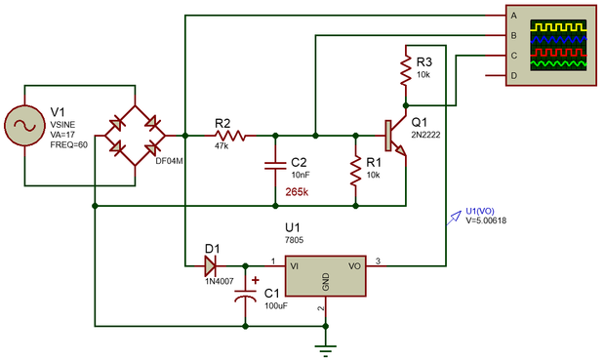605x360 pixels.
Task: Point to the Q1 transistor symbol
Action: tap(395, 136)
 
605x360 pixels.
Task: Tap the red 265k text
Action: tap(297, 192)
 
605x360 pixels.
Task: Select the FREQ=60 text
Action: tap(68, 145)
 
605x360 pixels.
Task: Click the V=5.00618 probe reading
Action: tap(486, 220)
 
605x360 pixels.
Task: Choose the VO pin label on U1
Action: tap(355, 265)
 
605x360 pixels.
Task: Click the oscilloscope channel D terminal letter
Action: tap(513, 75)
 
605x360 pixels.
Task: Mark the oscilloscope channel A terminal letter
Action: tap(513, 16)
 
